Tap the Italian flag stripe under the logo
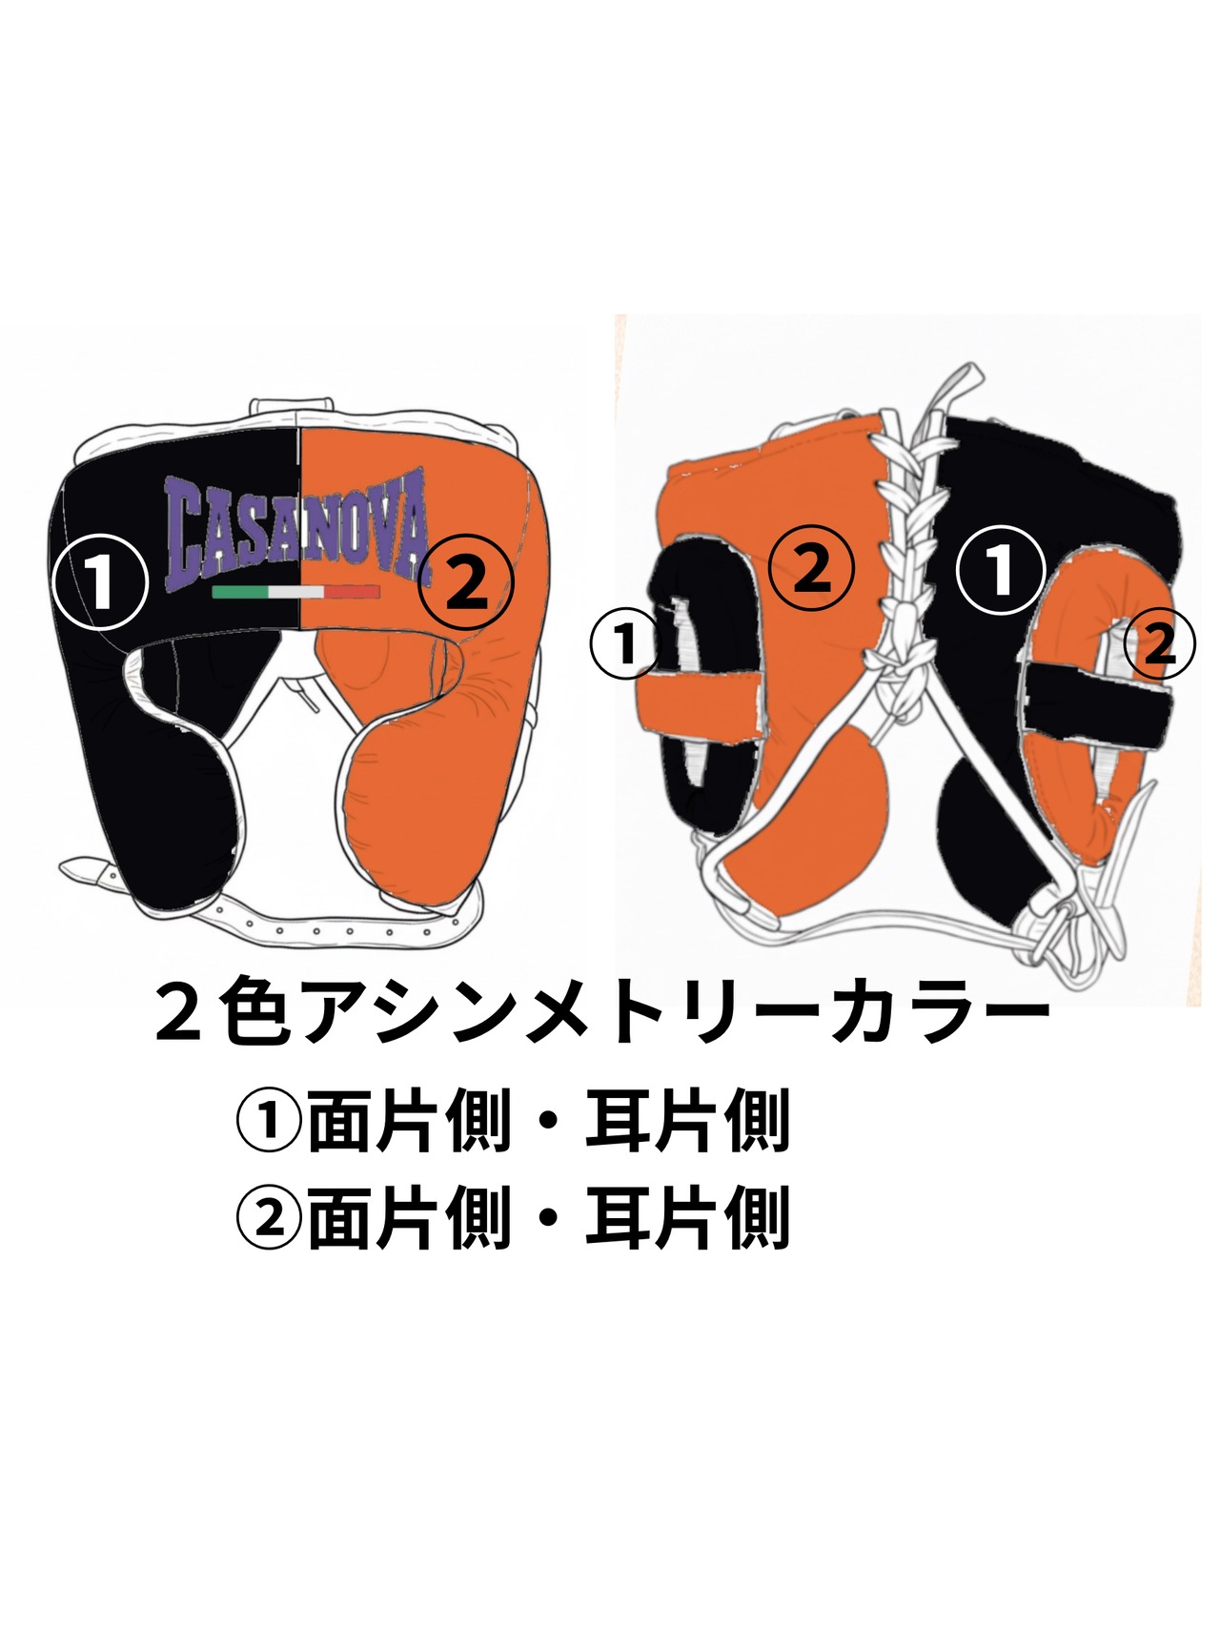[295, 592]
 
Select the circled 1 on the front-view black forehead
[101, 580]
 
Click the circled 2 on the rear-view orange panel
[811, 569]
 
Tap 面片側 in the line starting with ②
[409, 1218]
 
